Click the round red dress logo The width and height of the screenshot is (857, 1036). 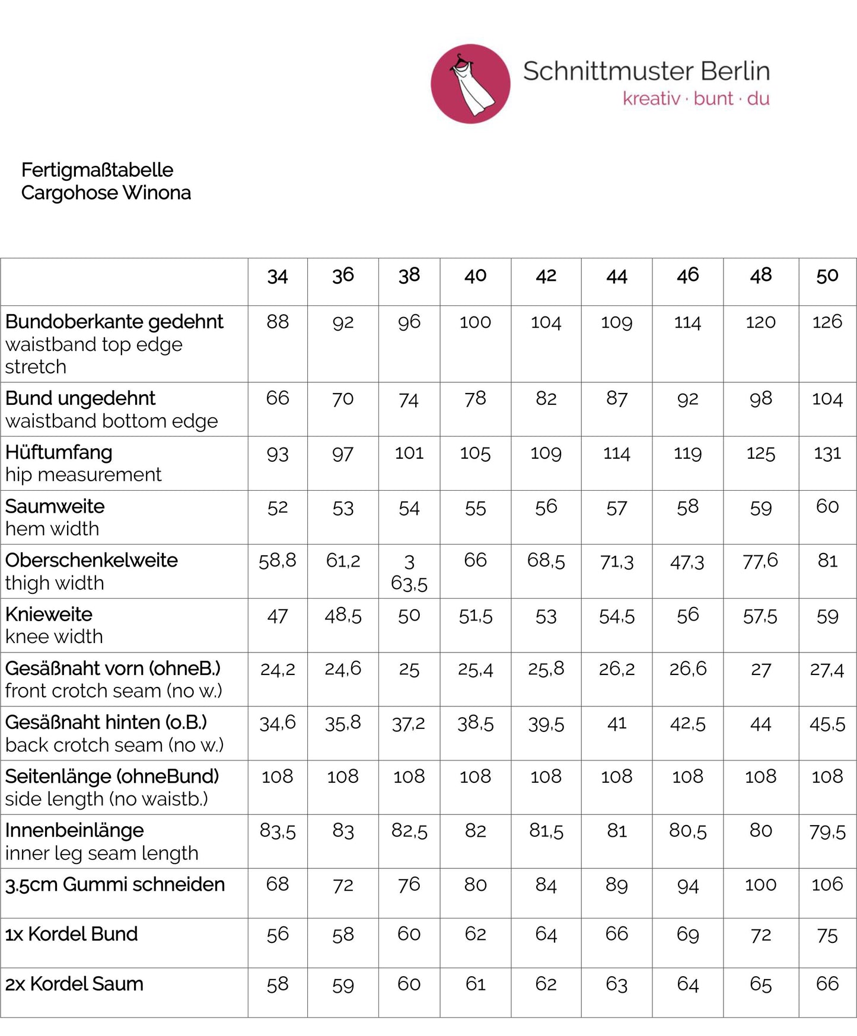[470, 84]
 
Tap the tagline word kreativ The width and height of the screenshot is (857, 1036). [651, 98]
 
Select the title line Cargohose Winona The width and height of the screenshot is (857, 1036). [106, 193]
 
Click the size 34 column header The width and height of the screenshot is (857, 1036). [278, 276]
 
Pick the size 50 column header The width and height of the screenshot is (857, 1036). [827, 276]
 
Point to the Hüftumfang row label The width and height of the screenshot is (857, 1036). [59, 452]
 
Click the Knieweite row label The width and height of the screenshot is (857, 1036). [49, 614]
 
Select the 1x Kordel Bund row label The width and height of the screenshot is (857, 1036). [71, 934]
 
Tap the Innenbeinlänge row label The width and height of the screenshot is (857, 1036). [74, 830]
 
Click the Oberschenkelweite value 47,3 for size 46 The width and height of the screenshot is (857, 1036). [687, 562]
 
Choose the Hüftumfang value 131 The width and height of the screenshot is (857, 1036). [827, 453]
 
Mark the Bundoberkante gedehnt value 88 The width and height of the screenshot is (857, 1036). [278, 322]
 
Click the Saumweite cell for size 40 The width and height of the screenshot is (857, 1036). [475, 508]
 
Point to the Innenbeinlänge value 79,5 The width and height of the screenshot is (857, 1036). [827, 832]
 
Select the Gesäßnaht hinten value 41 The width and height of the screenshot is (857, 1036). [617, 724]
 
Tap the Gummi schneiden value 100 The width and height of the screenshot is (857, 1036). [760, 885]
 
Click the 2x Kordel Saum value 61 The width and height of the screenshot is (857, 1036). [475, 984]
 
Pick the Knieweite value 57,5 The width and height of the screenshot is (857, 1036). [760, 616]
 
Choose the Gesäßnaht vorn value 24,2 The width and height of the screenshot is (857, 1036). [278, 670]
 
